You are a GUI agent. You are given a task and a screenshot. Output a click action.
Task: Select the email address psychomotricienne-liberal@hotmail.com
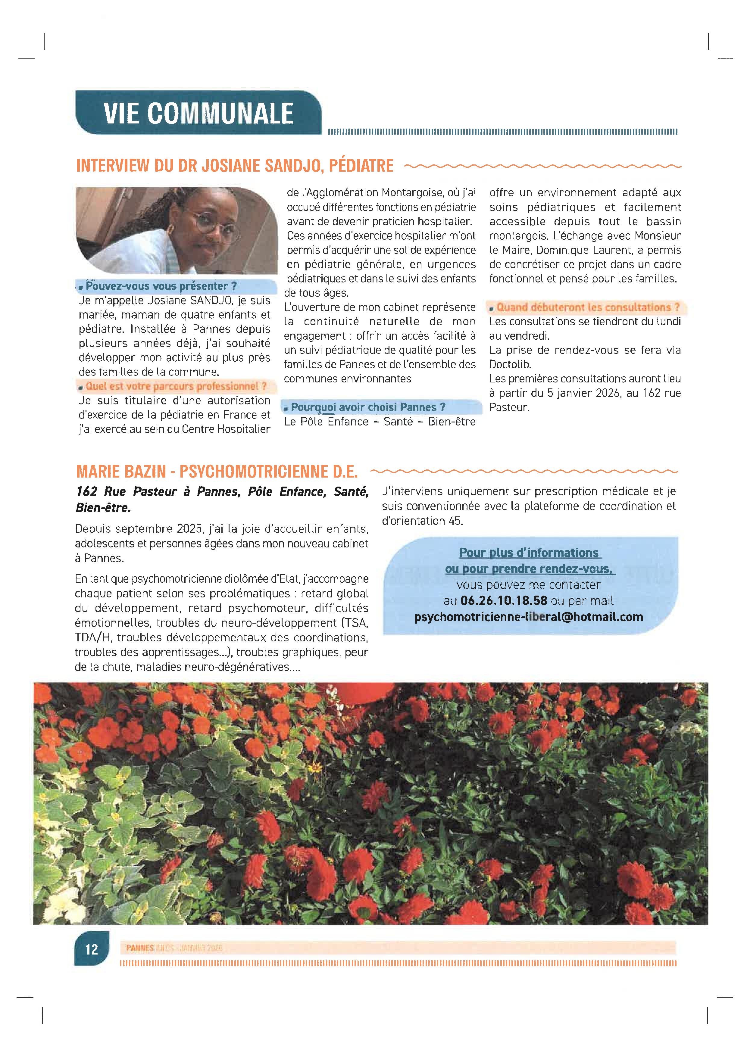tap(529, 617)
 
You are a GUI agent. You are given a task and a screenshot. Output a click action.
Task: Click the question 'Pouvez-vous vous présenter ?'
tap(161, 286)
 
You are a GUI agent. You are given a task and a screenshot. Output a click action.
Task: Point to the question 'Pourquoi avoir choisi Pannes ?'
tap(368, 407)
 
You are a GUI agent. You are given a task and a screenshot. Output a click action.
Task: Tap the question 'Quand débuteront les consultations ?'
tap(587, 307)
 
